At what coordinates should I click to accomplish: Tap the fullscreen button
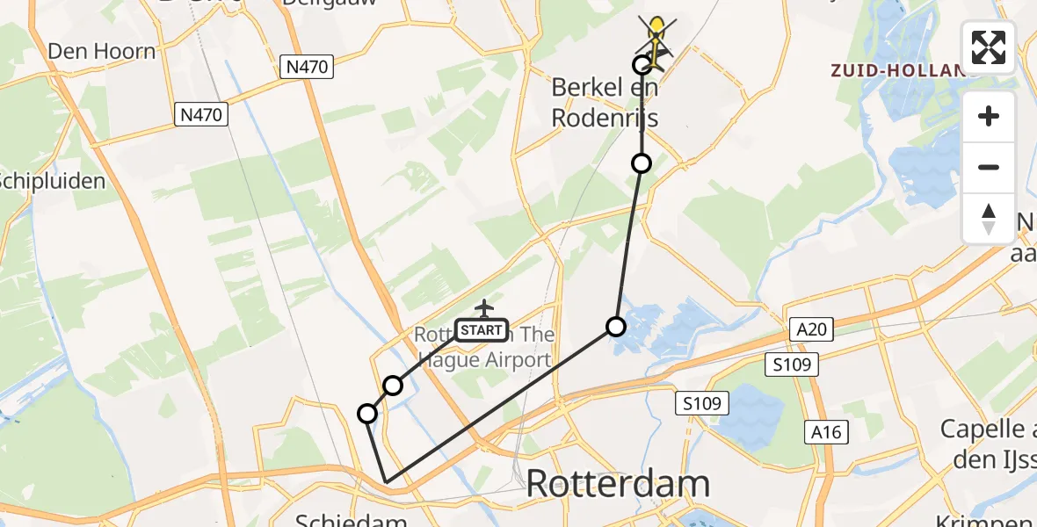pyautogui.click(x=989, y=47)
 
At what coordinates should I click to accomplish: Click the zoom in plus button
pyautogui.click(x=989, y=117)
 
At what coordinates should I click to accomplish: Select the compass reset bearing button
pyautogui.click(x=989, y=218)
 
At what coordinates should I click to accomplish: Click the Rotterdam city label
pyautogui.click(x=618, y=484)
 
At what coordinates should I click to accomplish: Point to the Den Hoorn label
pyautogui.click(x=102, y=52)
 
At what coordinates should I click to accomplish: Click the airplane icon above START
pyautogui.click(x=483, y=308)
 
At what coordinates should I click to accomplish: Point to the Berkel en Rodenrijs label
pyautogui.click(x=605, y=102)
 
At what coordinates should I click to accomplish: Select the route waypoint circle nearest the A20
pyautogui.click(x=616, y=328)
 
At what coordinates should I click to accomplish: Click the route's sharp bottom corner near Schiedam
pyautogui.click(x=386, y=481)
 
